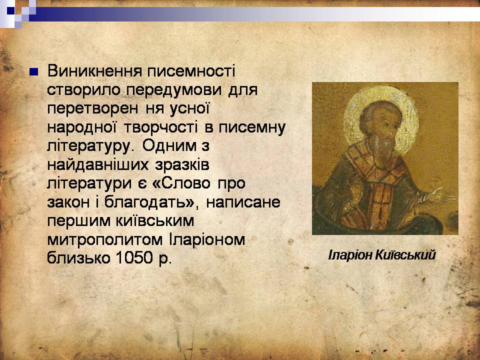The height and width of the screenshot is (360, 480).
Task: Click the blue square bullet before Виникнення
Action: point(33,72)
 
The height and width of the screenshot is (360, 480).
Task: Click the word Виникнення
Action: point(94,71)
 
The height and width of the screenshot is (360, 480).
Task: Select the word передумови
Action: point(173,90)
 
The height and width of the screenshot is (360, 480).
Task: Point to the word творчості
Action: point(160,127)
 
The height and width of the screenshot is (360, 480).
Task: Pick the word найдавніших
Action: point(97,164)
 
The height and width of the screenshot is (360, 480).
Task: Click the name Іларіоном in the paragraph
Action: point(206,239)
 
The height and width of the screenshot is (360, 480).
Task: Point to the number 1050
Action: point(134,258)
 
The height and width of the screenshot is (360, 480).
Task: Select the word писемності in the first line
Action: point(191,71)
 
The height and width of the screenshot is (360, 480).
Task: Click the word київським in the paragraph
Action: point(155,221)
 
